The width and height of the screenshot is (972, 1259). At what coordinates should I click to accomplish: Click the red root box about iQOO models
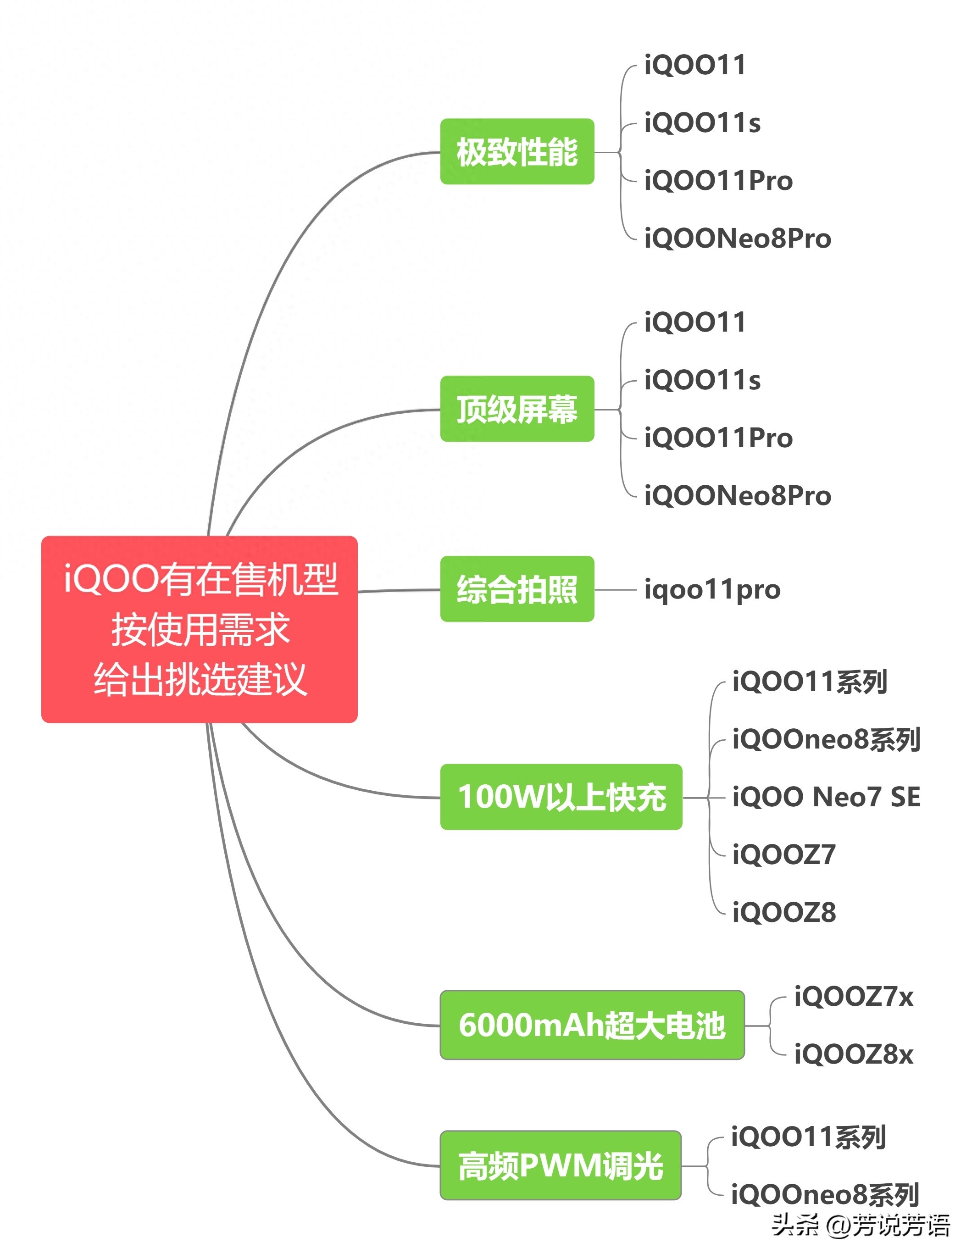pyautogui.click(x=200, y=629)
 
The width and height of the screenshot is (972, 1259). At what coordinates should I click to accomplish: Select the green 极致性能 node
pyautogui.click(x=517, y=152)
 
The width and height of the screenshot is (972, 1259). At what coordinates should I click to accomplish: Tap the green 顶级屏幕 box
pyautogui.click(x=517, y=409)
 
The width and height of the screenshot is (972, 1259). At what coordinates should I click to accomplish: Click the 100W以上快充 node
pyautogui.click(x=561, y=797)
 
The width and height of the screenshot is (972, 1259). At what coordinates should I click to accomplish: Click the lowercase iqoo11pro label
pyautogui.click(x=712, y=589)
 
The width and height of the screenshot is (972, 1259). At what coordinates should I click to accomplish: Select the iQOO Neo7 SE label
pyautogui.click(x=826, y=797)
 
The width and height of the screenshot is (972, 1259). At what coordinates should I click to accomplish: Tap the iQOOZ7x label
pyautogui.click(x=853, y=996)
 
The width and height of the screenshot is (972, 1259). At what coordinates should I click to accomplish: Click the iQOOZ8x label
pyautogui.click(x=853, y=1054)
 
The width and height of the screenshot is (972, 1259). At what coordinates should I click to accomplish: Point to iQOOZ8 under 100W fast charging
pyautogui.click(x=783, y=912)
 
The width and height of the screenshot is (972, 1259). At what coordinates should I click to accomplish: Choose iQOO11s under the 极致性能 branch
pyautogui.click(x=702, y=123)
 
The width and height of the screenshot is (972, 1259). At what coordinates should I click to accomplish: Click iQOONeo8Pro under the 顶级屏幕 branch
pyautogui.click(x=737, y=495)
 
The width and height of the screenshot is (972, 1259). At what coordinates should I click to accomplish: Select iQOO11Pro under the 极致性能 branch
pyautogui.click(x=718, y=180)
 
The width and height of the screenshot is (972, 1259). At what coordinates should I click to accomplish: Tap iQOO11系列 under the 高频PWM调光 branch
pyautogui.click(x=808, y=1137)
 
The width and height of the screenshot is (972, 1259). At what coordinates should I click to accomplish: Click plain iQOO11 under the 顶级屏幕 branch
pyautogui.click(x=694, y=322)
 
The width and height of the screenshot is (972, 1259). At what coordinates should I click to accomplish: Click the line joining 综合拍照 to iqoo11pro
pyautogui.click(x=616, y=589)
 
